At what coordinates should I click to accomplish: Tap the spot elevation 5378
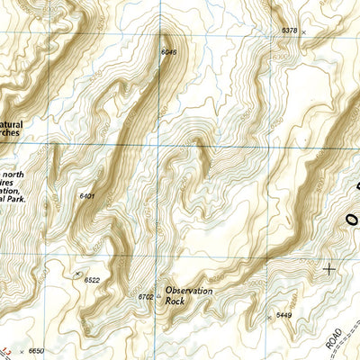pyautogui.click(x=289, y=31)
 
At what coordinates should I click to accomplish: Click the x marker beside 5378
pyautogui.click(x=303, y=31)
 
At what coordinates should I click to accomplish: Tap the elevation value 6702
pyautogui.click(x=146, y=296)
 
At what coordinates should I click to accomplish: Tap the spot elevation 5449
pyautogui.click(x=284, y=315)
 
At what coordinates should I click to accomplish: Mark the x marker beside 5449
pyautogui.click(x=270, y=318)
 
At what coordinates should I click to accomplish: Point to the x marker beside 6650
pyautogui.click(x=22, y=350)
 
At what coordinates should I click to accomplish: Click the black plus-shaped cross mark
pyautogui.click(x=329, y=268)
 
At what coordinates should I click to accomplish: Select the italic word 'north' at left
pyautogui.click(x=13, y=174)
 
